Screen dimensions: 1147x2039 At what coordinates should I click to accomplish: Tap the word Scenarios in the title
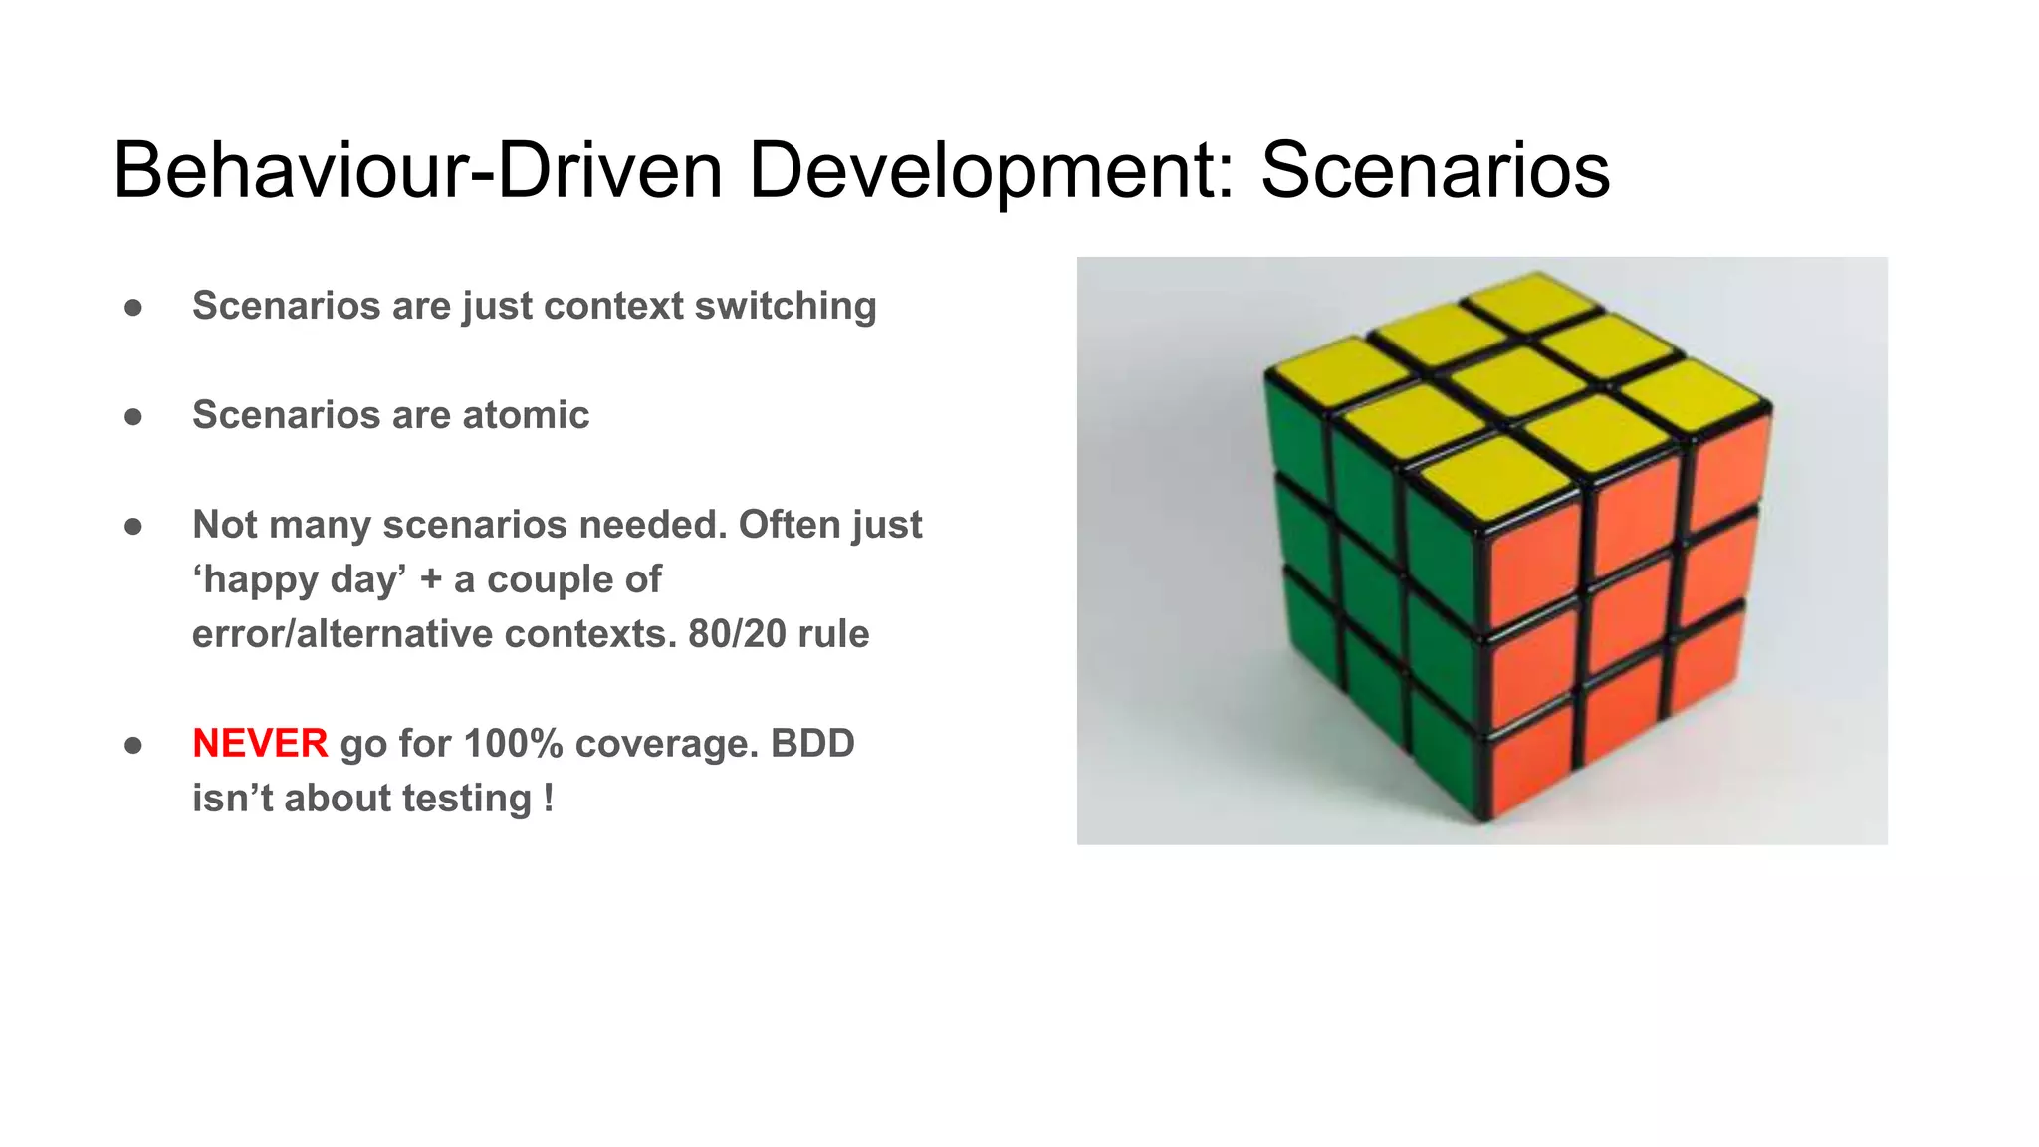[x=1435, y=170]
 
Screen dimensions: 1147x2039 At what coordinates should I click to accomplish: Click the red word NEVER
[x=260, y=744]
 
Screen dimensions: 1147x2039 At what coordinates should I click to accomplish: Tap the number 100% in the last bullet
[x=514, y=744]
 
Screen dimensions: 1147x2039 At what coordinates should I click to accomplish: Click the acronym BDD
[x=812, y=744]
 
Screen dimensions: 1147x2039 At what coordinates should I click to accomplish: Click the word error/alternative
[x=342, y=634]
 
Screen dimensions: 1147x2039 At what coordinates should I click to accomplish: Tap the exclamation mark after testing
[x=549, y=799]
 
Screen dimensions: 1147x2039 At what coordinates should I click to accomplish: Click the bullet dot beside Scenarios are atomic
[x=133, y=416]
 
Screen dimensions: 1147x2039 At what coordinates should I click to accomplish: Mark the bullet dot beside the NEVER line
[x=133, y=745]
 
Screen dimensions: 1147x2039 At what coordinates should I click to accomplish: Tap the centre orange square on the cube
[x=1631, y=609]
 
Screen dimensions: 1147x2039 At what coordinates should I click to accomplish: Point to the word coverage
[x=660, y=744]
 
